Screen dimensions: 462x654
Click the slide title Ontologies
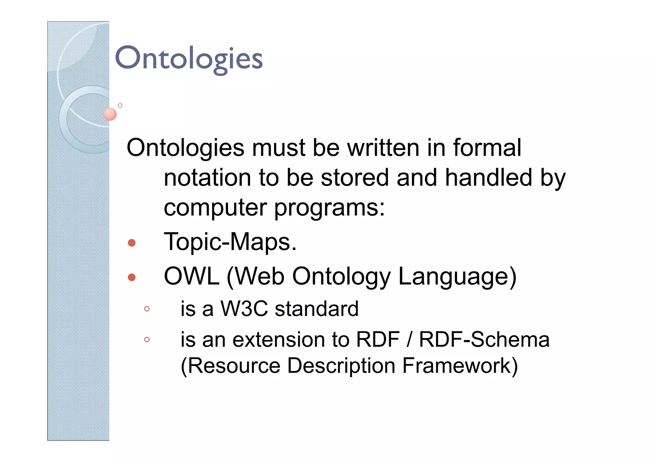coord(188,58)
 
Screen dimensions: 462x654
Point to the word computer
coord(215,208)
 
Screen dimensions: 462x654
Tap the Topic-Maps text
coord(230,242)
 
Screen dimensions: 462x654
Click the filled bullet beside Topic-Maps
coord(132,243)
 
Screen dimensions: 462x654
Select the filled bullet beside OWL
coord(132,277)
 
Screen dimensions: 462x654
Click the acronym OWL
coord(192,276)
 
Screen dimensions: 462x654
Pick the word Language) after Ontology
coord(457,277)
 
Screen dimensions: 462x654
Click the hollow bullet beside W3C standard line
coord(147,309)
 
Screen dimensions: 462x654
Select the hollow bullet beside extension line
coord(147,339)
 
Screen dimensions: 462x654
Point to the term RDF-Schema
coord(484,339)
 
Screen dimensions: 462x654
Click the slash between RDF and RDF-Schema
coord(409,339)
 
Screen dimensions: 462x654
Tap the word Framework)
coord(460,366)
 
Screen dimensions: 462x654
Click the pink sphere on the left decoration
coord(110,114)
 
